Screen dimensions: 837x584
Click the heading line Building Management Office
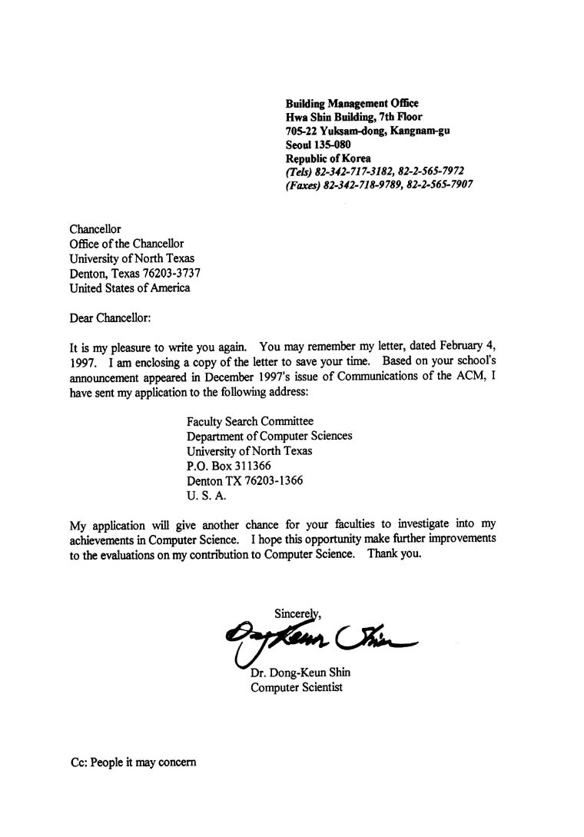(x=352, y=103)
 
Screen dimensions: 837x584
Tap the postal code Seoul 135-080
(x=319, y=144)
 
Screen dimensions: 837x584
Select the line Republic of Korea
(x=328, y=158)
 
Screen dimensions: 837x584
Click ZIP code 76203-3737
(x=176, y=274)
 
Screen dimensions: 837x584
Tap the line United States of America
(x=129, y=288)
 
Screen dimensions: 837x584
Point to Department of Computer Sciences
(x=270, y=436)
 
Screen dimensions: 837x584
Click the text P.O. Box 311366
(x=229, y=466)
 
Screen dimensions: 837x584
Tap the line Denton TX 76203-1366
(x=245, y=480)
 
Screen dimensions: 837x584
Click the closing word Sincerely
(x=297, y=613)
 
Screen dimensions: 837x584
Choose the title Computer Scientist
(x=297, y=687)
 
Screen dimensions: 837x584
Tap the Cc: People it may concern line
(x=133, y=762)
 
